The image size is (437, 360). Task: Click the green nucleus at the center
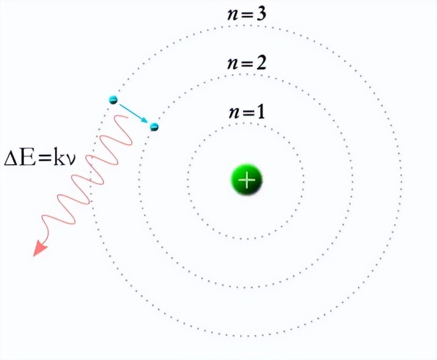247,179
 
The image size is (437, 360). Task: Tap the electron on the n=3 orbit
113,100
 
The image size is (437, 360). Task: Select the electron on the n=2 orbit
154,127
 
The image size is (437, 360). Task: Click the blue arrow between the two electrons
134,113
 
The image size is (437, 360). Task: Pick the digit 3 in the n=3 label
261,13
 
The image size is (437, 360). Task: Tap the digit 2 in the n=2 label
261,63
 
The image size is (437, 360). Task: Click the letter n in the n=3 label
233,16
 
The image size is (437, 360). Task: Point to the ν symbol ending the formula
71,161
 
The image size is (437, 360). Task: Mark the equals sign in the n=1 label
249,114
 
